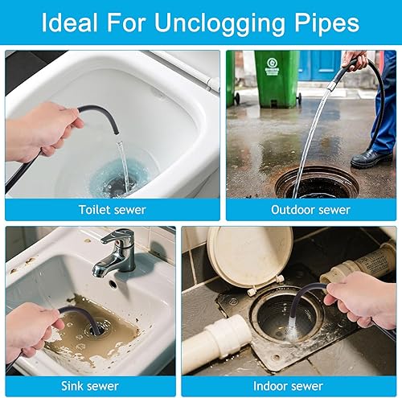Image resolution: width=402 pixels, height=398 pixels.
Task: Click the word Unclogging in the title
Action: click(x=219, y=23)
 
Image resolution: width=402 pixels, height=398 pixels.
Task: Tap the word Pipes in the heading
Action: click(x=326, y=23)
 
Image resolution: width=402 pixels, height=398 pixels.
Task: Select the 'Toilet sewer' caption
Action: click(x=113, y=210)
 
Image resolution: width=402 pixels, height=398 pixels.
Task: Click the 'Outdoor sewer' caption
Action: click(x=310, y=210)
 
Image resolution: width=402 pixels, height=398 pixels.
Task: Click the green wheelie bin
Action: click(x=277, y=78)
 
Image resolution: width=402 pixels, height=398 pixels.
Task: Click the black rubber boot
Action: click(x=371, y=158)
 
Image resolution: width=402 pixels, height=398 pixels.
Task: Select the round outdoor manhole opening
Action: click(x=317, y=183)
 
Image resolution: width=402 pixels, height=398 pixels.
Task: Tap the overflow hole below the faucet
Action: click(x=113, y=285)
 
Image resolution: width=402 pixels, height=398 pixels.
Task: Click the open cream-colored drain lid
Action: click(x=249, y=257)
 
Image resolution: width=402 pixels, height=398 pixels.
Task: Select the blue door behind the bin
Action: click(x=319, y=66)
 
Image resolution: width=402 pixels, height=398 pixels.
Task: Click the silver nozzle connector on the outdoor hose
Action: click(x=332, y=86)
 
